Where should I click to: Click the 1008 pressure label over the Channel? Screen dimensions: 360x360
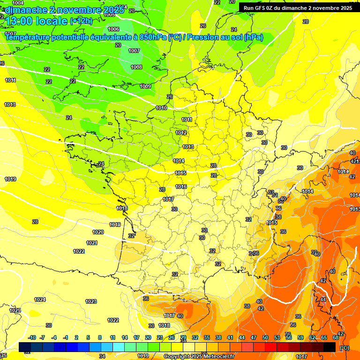coord(136,67)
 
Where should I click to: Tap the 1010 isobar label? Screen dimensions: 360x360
coord(161,108)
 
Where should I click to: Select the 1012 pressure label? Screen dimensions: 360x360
coord(181,133)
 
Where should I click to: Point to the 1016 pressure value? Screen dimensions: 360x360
coord(181,187)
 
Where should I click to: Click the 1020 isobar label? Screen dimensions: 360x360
coord(98,232)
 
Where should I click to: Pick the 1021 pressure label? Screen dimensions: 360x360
coord(92,243)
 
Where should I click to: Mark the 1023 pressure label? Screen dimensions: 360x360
coord(91,301)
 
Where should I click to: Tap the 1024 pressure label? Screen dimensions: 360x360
coord(40,300)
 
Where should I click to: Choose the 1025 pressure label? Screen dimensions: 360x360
coord(15,310)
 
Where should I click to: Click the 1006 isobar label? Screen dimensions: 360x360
coord(113,29)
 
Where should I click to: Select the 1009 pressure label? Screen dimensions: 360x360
coord(145,86)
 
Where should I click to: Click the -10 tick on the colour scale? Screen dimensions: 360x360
coord(32,337)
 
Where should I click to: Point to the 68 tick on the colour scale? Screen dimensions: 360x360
coord(336,337)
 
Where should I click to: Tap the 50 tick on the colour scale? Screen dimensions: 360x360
coord(265,337)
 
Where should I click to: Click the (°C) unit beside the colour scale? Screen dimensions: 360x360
coord(345,348)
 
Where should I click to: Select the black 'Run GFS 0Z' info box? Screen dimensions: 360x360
coord(297,8)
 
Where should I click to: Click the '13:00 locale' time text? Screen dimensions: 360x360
coord(36,21)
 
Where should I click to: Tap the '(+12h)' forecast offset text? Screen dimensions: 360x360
coord(81,21)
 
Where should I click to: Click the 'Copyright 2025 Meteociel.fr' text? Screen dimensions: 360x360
coord(199,356)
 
